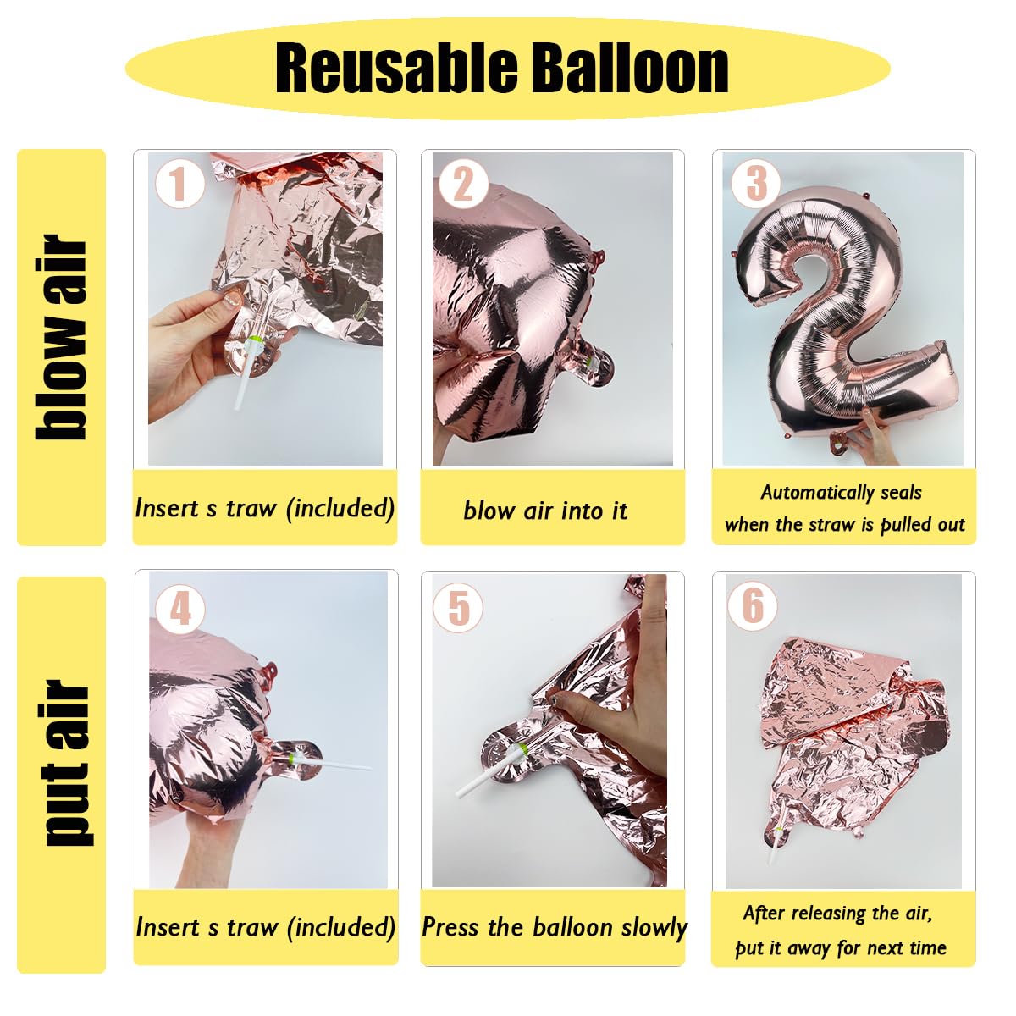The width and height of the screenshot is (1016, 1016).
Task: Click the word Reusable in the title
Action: [x=395, y=69]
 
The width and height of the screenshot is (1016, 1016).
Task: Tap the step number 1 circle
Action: [x=179, y=184]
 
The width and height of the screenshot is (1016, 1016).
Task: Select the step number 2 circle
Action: [x=462, y=184]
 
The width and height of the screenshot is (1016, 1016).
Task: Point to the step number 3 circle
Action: [x=755, y=183]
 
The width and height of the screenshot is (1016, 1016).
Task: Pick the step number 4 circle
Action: [x=179, y=610]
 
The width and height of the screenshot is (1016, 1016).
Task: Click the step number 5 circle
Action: [x=458, y=607]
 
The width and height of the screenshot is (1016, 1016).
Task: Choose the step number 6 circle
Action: [x=753, y=606]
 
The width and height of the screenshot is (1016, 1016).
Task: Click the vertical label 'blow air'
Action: [x=61, y=338]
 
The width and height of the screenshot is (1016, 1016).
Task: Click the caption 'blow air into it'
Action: [x=545, y=511]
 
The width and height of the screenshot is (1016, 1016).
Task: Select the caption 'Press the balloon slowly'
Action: [x=554, y=927]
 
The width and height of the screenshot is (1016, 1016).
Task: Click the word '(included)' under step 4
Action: [x=341, y=928]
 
